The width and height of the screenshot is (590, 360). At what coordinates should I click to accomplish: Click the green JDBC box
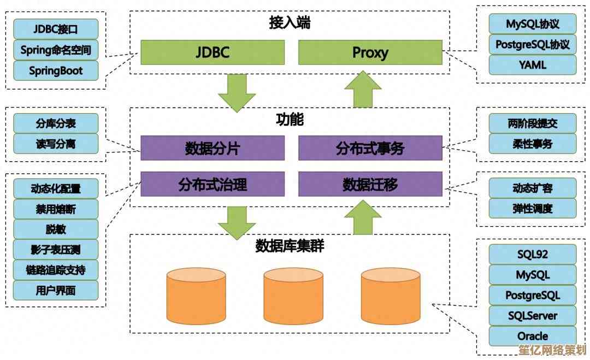pos(213,52)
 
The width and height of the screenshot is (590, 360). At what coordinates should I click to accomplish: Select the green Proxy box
pos(370,52)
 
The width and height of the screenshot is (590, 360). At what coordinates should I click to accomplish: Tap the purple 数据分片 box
pos(213,148)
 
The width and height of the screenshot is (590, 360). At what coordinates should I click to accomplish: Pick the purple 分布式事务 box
pos(370,148)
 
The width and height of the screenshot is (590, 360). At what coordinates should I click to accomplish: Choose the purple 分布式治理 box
pos(213,184)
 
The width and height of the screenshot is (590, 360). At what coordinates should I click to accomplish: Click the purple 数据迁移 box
pos(370,184)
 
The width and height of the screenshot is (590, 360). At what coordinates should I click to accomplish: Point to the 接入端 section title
pos(290,23)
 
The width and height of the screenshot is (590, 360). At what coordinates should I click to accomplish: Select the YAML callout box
pos(532,65)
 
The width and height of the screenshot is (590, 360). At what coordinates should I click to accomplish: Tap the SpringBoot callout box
pos(56,71)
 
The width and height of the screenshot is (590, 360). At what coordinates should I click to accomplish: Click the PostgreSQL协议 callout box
pos(532,44)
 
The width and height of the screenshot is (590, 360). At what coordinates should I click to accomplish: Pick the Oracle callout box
pos(532,336)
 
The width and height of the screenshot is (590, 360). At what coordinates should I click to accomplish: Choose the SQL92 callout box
pos(532,254)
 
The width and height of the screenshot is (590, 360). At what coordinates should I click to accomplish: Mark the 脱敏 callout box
pos(56,229)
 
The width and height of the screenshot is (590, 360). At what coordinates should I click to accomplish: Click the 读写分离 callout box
pos(56,144)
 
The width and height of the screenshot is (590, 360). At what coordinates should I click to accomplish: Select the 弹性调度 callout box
pos(532,209)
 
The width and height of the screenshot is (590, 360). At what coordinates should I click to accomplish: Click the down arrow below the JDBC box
pos(237,93)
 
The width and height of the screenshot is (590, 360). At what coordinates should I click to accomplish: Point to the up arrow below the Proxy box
pos(362,89)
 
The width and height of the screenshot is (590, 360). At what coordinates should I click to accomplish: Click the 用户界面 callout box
pos(56,291)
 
